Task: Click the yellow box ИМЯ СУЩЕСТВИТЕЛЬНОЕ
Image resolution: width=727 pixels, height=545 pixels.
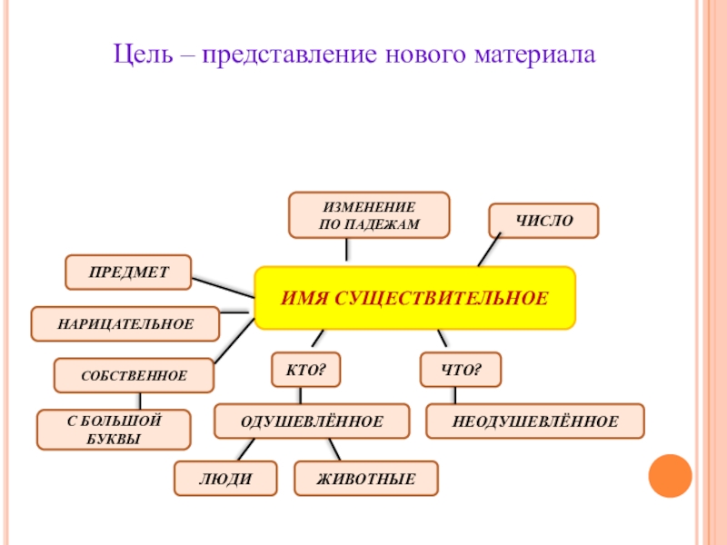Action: click(414, 298)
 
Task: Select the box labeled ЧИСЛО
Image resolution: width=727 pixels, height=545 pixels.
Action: click(543, 221)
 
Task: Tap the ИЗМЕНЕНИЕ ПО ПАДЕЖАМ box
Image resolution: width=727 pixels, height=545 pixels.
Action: click(369, 215)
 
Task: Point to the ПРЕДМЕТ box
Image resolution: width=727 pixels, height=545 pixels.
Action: click(128, 272)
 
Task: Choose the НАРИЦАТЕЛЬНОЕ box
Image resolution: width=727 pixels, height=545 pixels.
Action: click(125, 323)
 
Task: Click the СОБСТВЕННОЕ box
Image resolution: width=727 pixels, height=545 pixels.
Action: click(134, 375)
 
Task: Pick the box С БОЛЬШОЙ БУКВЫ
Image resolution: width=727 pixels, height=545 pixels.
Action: click(114, 430)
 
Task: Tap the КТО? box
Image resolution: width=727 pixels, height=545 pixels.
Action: click(305, 370)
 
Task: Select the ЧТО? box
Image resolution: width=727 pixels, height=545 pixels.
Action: click(460, 370)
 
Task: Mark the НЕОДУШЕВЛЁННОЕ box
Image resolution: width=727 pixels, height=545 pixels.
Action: click(534, 421)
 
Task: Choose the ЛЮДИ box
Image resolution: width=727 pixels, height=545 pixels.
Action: click(225, 478)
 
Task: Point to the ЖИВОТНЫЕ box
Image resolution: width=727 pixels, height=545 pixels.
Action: click(366, 478)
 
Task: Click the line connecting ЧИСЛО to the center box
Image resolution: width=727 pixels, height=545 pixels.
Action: click(489, 251)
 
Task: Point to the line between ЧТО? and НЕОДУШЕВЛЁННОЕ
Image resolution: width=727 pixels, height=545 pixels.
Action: click(455, 395)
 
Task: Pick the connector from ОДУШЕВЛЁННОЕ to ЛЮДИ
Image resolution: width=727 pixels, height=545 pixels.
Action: click(244, 450)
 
